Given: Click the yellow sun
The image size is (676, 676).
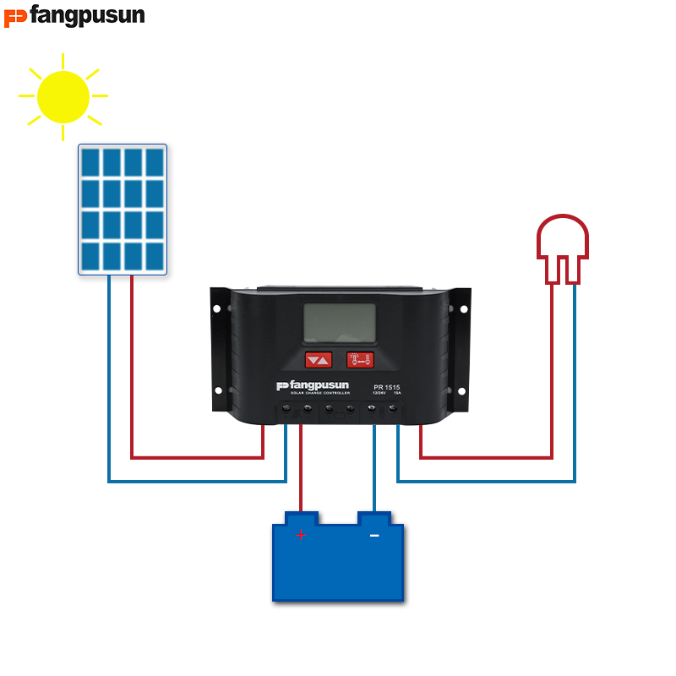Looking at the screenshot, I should point(63,95).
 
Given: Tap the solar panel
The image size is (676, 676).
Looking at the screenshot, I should point(123,209).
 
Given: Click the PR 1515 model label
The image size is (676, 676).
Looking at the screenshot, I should point(387,388).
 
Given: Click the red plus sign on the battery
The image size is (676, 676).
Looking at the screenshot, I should point(300,535).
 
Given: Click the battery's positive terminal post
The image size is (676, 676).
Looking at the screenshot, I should point(301,516).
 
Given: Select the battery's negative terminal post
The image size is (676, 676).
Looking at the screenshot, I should point(374,516).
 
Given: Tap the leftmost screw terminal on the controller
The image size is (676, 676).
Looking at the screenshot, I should point(286,409).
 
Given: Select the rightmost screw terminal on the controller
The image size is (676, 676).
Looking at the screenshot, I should point(393,409).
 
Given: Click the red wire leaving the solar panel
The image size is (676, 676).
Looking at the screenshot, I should point(132,363).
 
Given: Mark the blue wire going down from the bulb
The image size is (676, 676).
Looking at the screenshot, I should point(575,380).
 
